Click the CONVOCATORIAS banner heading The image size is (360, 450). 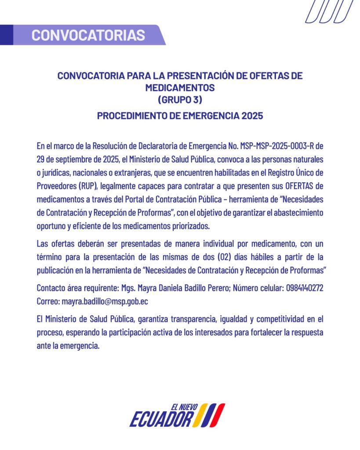click(88, 35)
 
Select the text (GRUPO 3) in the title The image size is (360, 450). click(180, 100)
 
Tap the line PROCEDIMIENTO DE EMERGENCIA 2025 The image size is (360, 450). click(180, 116)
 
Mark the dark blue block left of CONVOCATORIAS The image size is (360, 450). click(6, 35)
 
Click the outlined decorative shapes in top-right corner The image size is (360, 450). click(329, 11)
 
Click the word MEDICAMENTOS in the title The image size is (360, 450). click(180, 88)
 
